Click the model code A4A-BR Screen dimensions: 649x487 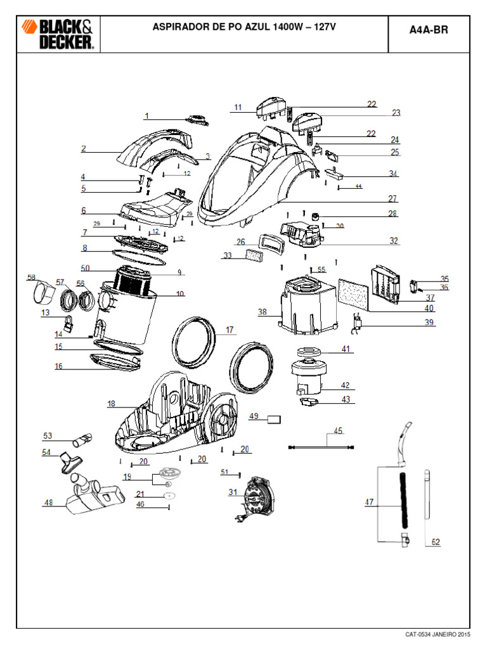click(433, 29)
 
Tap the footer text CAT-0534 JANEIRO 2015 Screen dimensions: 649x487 click(438, 634)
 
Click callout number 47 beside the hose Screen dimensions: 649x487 click(370, 503)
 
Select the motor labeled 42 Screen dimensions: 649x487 click(306, 379)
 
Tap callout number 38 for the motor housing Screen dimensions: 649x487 click(263, 312)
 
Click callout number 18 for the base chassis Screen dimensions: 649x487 click(111, 404)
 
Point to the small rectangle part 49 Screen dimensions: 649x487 click(274, 418)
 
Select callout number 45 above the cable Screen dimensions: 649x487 click(338, 431)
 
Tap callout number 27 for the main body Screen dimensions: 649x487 click(393, 198)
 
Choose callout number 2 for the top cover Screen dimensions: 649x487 click(83, 149)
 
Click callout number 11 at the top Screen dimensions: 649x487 click(238, 108)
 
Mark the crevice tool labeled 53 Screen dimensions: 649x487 click(82, 438)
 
